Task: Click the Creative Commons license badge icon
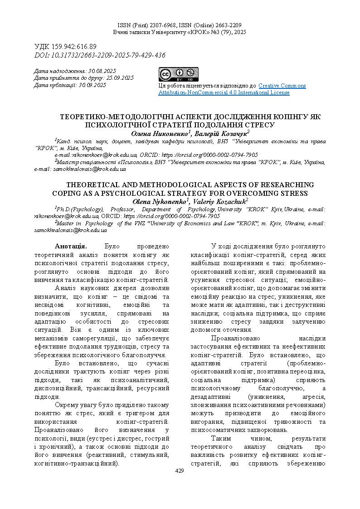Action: [178, 74]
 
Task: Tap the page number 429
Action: [180, 471]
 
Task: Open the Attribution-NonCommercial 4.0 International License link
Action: [224, 92]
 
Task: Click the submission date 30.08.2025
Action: [102, 71]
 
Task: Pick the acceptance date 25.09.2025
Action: [120, 78]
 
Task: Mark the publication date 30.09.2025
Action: [92, 85]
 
